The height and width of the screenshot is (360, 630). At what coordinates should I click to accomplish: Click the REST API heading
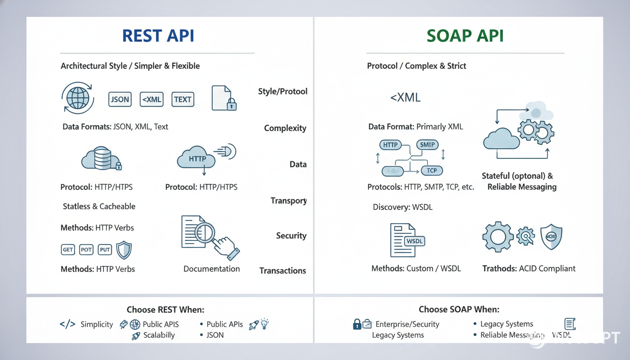pos(158,36)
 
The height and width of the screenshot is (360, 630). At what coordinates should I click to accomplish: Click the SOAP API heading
pos(465,36)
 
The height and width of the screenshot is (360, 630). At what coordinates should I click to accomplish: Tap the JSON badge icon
pos(120,99)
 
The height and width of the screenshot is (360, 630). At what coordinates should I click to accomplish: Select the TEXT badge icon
pos(182,99)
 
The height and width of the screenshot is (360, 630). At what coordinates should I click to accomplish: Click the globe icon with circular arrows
pos(78,98)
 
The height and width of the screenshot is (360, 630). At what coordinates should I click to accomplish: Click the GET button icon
pos(68,250)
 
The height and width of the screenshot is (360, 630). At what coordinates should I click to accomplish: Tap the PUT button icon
pos(105,250)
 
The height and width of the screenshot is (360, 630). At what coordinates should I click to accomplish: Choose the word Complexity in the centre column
pos(285,128)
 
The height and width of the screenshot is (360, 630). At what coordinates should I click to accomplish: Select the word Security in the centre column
pos(291,236)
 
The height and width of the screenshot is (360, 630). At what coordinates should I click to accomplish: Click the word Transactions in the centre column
pos(283,270)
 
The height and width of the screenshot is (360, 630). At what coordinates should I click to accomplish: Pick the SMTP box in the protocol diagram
pos(427,145)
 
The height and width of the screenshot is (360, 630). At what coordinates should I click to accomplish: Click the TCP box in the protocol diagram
pos(432,171)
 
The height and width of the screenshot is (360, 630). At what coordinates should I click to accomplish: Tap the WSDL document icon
pos(404,240)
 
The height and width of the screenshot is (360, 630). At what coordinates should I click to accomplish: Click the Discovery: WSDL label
pos(403,207)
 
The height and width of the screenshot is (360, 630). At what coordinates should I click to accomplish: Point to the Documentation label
pos(211,269)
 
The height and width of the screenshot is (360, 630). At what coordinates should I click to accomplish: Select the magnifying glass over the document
pos(204,231)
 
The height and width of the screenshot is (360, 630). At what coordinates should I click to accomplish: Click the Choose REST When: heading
pos(165,309)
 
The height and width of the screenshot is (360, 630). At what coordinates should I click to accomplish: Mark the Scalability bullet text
pos(159,335)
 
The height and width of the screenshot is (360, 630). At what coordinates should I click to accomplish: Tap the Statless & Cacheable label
pos(99,206)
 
